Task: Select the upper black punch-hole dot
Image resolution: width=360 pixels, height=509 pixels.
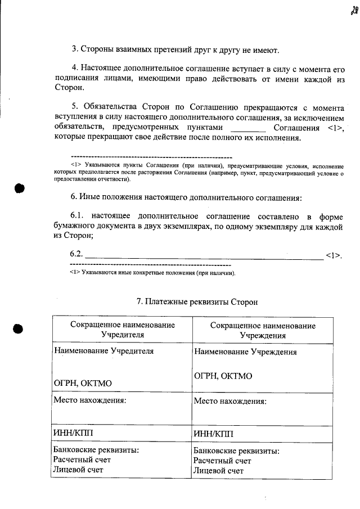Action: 20,188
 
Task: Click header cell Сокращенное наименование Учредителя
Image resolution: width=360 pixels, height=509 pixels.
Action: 122,330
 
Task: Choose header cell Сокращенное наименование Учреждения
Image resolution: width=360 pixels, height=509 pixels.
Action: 263,331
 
